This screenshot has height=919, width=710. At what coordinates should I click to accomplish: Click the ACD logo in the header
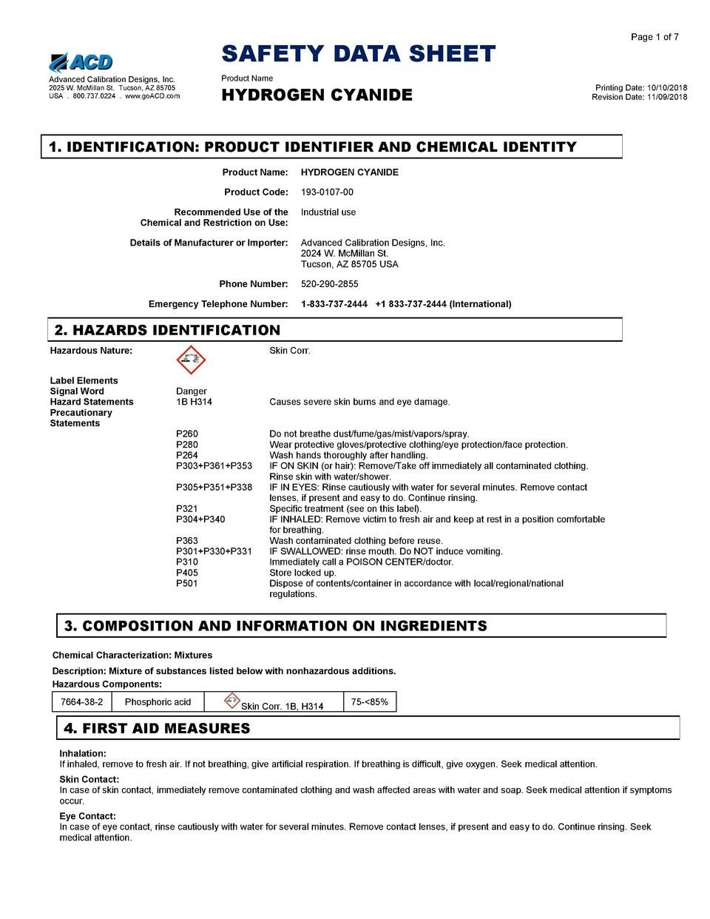[x=81, y=62]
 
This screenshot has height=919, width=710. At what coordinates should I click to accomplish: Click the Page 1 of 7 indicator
[x=655, y=37]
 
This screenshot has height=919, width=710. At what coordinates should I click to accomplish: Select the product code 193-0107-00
[x=327, y=192]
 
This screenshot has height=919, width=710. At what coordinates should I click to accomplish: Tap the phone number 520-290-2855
[x=331, y=284]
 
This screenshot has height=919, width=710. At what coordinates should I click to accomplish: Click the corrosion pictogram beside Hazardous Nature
[x=191, y=360]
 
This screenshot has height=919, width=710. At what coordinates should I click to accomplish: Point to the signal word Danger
[x=192, y=391]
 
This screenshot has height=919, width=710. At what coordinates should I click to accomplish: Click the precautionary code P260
[x=187, y=434]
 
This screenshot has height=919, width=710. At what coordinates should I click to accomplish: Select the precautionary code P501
[x=187, y=584]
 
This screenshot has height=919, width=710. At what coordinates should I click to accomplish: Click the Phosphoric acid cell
[x=158, y=702]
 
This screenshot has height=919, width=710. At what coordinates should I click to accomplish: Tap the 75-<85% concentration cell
[x=370, y=702]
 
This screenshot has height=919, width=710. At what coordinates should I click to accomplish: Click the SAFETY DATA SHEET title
[x=358, y=54]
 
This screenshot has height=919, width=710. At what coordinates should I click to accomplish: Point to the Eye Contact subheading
[x=87, y=816]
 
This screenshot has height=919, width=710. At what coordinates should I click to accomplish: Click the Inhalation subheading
[x=83, y=753]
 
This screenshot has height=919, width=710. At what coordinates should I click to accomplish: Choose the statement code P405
[x=187, y=573]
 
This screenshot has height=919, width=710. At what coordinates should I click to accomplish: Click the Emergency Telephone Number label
[x=218, y=304]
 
